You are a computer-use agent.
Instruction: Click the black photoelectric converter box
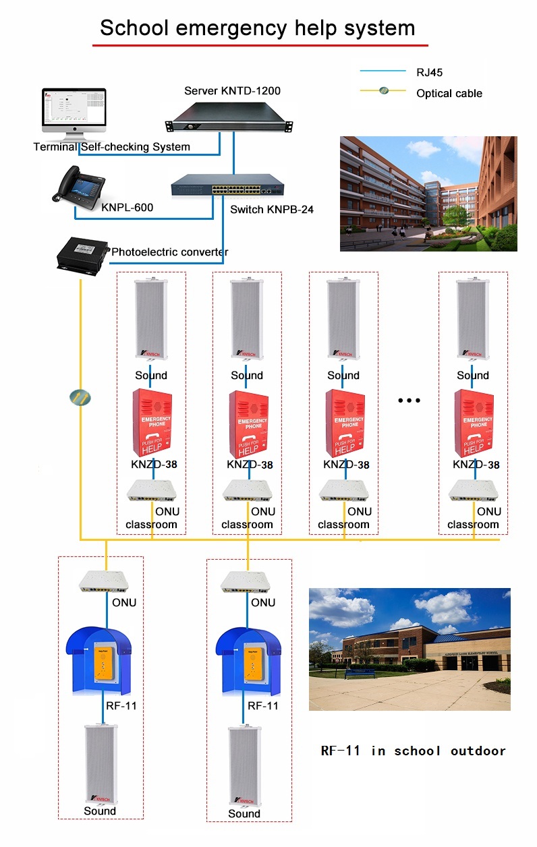pyautogui.click(x=82, y=255)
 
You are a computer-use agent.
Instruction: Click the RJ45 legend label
pyautogui.click(x=429, y=72)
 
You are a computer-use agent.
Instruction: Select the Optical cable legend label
pyautogui.click(x=449, y=93)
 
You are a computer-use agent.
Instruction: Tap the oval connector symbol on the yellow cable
pyautogui.click(x=80, y=397)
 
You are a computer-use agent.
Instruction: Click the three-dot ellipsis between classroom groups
pyautogui.click(x=409, y=401)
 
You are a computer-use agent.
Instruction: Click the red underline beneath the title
pyautogui.click(x=260, y=45)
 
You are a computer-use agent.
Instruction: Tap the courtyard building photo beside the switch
pyautogui.click(x=428, y=194)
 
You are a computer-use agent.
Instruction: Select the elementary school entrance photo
pyautogui.click(x=409, y=649)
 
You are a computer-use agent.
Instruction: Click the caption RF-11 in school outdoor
pyautogui.click(x=413, y=751)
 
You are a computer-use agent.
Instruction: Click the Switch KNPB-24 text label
pyautogui.click(x=272, y=210)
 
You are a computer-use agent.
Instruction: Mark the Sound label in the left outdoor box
pyautogui.click(x=100, y=811)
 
